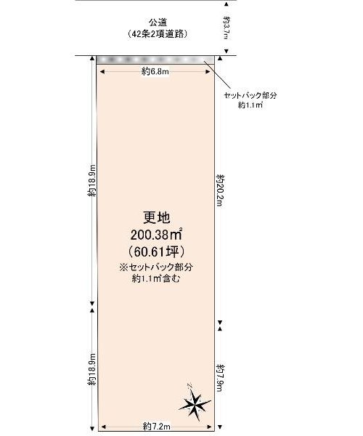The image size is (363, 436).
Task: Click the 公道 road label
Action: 158,22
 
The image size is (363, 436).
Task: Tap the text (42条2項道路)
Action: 158,34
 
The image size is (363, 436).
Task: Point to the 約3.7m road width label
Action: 227,28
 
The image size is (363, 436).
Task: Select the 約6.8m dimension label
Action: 155,72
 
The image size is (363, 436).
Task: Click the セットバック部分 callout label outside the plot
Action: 250,96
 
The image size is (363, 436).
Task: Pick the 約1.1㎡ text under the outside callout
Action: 250,105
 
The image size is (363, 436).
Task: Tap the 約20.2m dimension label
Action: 221,190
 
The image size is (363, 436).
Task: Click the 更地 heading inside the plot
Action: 156,217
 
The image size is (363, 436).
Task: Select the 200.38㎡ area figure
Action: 156,235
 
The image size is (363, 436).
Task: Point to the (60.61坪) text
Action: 156,252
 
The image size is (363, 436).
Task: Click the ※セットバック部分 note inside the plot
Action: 156,267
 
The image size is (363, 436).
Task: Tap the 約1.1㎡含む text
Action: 156,278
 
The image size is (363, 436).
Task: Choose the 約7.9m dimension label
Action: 221,377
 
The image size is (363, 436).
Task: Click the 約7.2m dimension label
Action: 157,427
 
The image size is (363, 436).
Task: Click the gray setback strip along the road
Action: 155,60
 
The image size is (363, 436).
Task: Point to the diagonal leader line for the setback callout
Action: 217,74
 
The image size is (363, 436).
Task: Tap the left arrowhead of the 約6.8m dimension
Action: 102,72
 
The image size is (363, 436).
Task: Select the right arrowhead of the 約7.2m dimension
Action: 210,427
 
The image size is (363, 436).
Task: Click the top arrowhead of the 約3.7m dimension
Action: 227,4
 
